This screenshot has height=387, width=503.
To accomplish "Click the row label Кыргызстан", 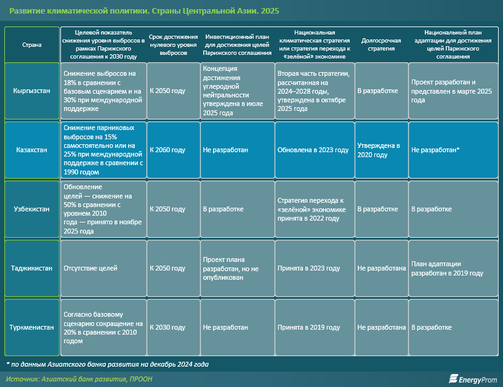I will [x=32, y=91].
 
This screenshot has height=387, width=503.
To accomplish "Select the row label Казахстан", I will [x=32, y=150].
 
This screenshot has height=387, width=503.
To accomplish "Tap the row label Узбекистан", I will [x=32, y=209].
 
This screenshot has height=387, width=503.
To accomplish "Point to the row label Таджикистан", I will [x=32, y=268].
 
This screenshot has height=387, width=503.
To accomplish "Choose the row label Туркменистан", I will [x=32, y=327].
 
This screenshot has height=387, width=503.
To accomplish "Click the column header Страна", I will [x=32, y=44].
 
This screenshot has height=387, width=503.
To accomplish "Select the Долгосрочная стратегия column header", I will [x=381, y=44].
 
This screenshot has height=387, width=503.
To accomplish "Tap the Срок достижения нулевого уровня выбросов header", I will [x=173, y=44].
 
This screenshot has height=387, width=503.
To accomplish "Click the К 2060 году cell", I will [x=173, y=150].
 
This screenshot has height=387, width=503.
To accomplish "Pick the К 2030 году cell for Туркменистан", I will [x=173, y=327].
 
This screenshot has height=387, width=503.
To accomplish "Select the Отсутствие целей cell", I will [x=103, y=268].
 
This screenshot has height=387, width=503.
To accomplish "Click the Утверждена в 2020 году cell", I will [x=381, y=150].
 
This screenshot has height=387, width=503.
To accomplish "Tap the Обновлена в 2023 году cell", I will [x=314, y=150].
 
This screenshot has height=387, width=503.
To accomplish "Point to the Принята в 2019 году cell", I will [x=314, y=327].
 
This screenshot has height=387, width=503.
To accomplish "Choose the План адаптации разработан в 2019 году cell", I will [x=453, y=268].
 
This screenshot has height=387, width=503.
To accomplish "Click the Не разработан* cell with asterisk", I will [x=453, y=150].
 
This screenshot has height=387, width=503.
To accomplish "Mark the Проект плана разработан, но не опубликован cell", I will [x=236, y=268].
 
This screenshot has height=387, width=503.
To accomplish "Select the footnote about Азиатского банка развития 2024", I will [x=107, y=364].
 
